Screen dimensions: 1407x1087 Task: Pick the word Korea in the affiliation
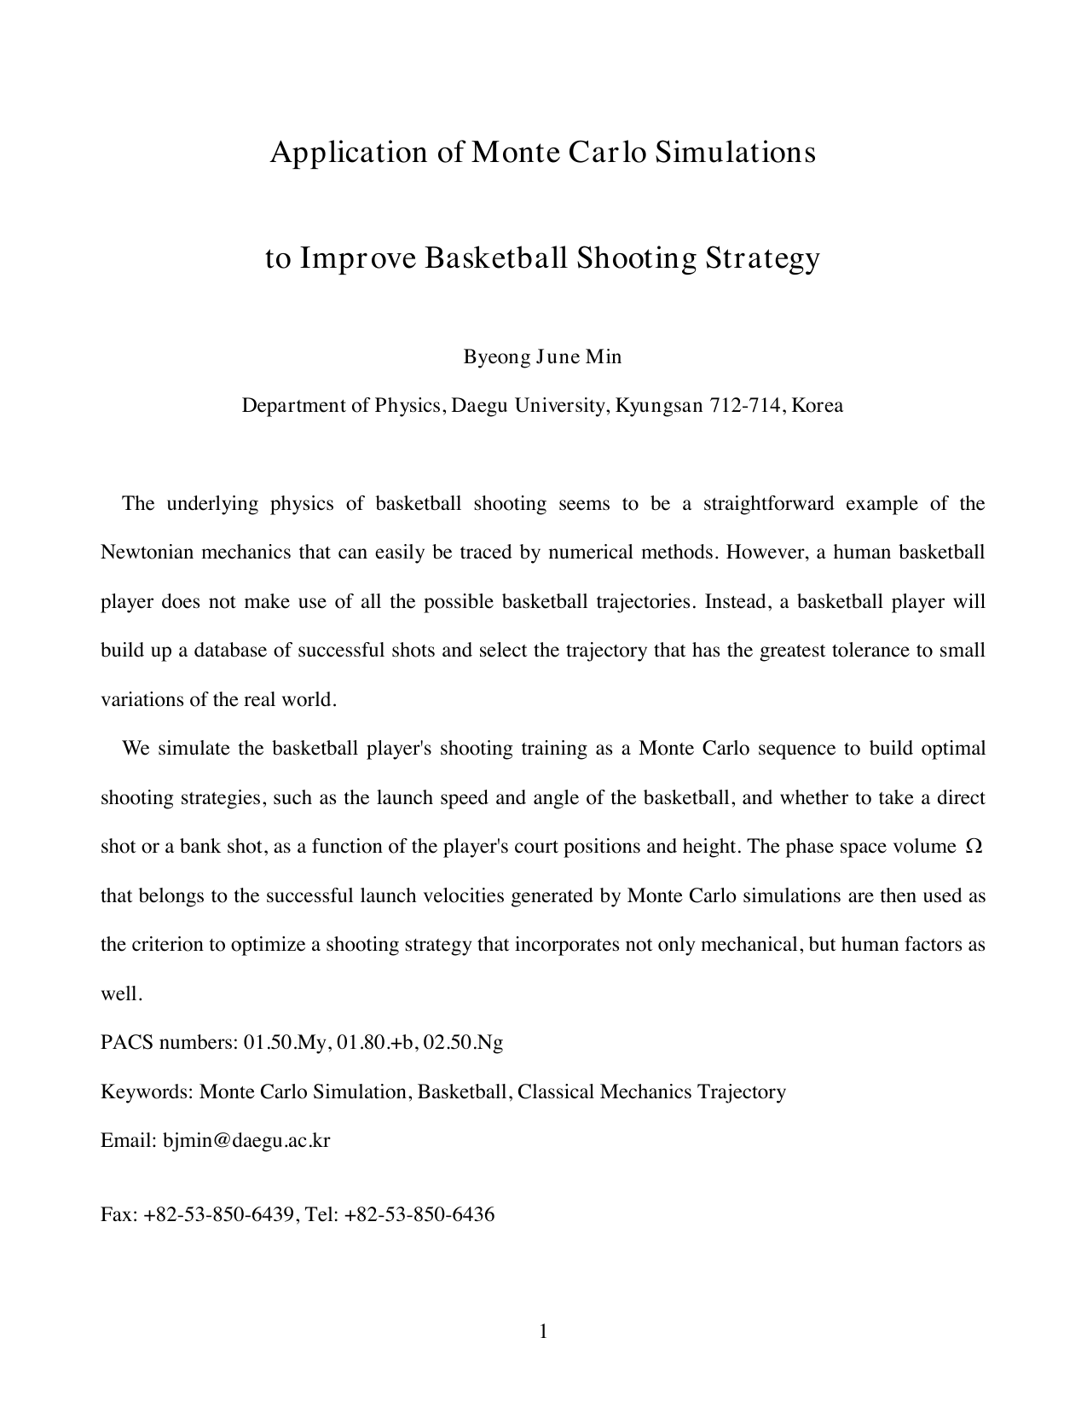click(817, 406)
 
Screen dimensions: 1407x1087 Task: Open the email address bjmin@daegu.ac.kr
click(246, 1141)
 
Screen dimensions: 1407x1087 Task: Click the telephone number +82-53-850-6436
click(419, 1215)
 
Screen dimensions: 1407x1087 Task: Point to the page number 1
click(543, 1332)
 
